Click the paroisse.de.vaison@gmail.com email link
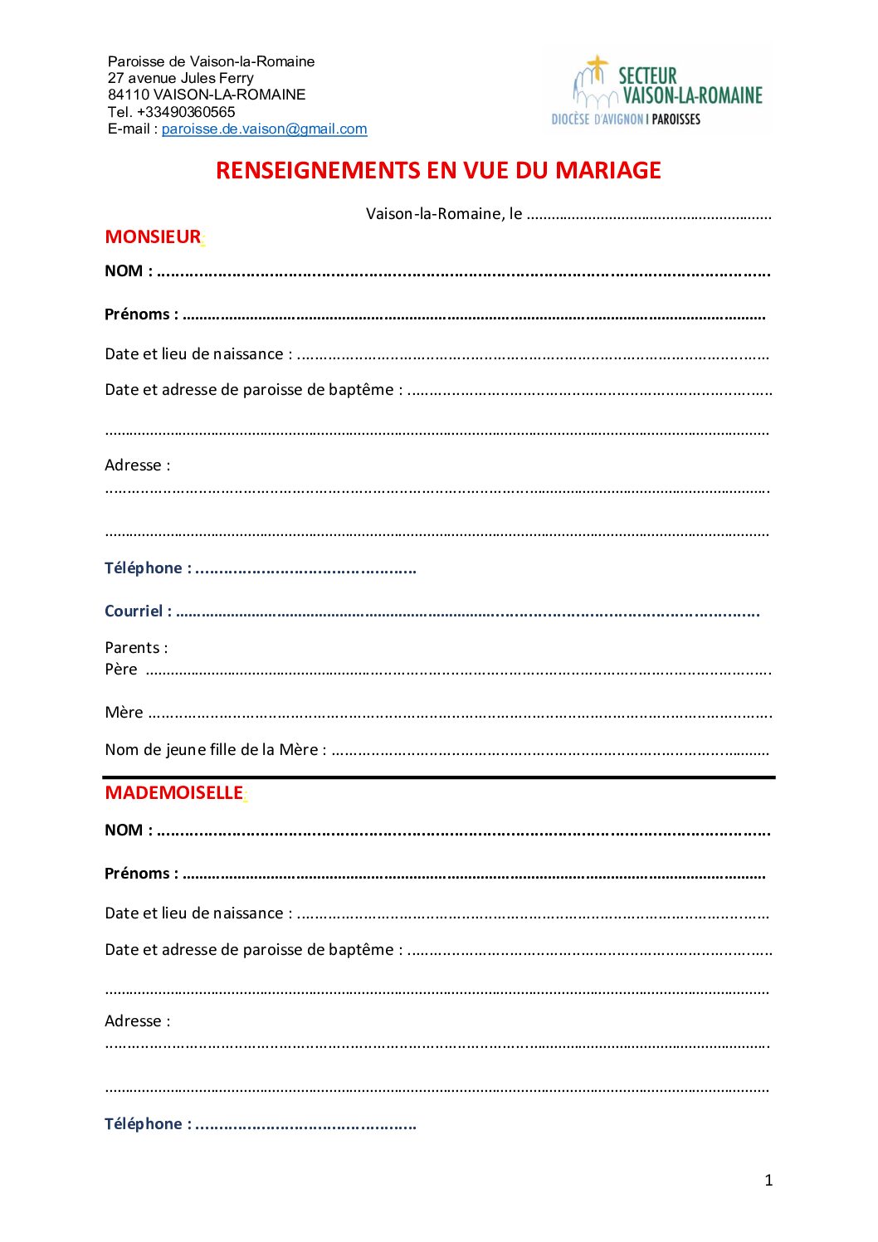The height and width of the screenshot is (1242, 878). pos(264,129)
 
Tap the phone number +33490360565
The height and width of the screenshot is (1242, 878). pos(186,112)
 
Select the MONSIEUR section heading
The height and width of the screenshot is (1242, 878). pos(153,237)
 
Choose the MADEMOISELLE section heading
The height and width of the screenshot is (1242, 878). pos(173,793)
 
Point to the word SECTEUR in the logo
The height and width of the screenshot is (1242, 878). pos(647,76)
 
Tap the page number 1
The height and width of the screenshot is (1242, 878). pos(768,1180)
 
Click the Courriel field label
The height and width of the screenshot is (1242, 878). pos(138,611)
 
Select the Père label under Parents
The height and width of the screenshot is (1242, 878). pos(121,670)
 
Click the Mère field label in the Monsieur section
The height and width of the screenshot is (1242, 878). pos(124,713)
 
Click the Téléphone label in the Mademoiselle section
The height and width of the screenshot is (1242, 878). pos(147,1124)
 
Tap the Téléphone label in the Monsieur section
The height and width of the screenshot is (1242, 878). pos(147,568)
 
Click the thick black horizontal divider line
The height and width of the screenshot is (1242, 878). pos(438,777)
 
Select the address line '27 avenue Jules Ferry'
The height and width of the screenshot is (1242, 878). pos(180,78)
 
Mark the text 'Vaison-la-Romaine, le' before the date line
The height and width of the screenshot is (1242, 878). pos(444,214)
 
